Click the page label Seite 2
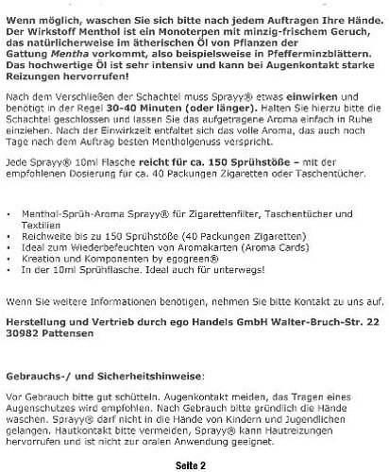(x=194, y=464)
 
